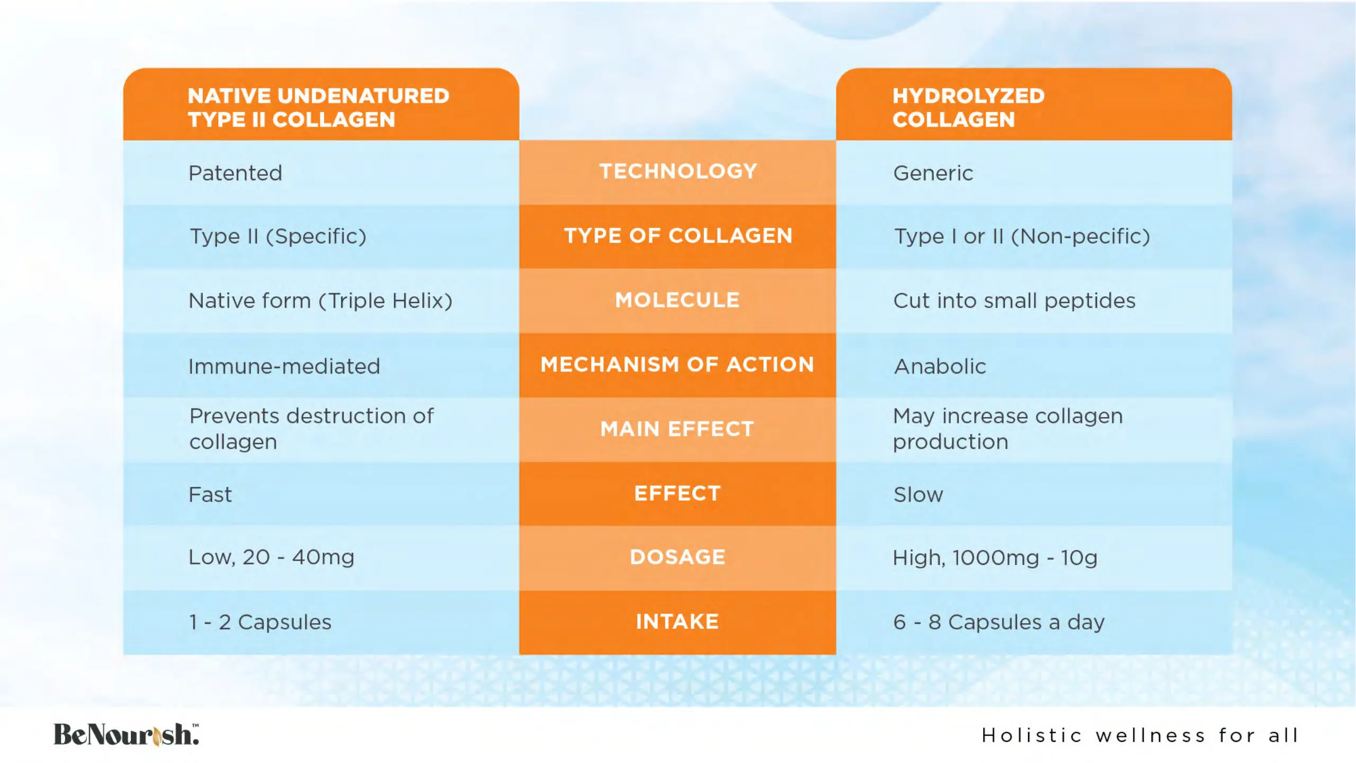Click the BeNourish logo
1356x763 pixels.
pos(126,734)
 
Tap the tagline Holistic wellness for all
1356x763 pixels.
pos(1140,735)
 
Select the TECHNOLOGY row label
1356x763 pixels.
pos(678,171)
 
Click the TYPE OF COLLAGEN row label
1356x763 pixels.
pos(678,236)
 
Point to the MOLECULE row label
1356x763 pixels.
pos(677,300)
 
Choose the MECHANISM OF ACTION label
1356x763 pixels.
pos(677,365)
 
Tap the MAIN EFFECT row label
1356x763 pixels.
pos(677,429)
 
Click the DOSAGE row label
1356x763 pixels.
pos(677,557)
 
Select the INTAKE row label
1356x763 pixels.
pos(677,622)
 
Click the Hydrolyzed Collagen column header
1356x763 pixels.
pos(968,108)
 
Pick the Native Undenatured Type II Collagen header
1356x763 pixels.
pos(318,108)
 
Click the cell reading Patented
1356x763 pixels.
pos(235,173)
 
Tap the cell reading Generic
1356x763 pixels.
pos(933,173)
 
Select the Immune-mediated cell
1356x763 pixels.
pos(284,366)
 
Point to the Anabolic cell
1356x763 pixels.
pos(940,366)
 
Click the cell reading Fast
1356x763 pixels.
pos(210,494)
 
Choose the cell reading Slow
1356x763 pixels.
pos(918,494)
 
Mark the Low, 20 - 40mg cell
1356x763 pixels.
pos(271,557)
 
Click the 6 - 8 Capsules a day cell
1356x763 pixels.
pos(999,622)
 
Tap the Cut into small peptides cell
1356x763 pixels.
pos(1014,301)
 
